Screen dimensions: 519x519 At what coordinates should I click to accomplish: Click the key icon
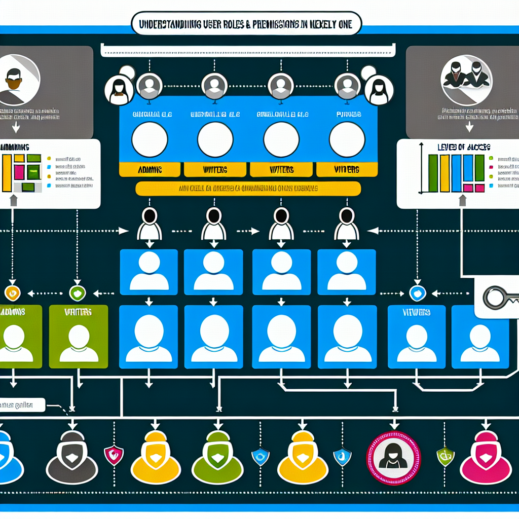click(499, 298)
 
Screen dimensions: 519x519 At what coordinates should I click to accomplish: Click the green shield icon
click(444, 456)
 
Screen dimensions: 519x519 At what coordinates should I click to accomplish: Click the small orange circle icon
click(12, 292)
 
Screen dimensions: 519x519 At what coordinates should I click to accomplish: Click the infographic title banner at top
click(247, 24)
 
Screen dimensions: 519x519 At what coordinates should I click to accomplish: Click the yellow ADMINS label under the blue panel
click(149, 169)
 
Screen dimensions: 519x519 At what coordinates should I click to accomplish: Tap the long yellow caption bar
click(248, 189)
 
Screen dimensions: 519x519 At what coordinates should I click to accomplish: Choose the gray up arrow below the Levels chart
click(462, 201)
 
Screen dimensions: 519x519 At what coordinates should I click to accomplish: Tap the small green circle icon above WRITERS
click(77, 292)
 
